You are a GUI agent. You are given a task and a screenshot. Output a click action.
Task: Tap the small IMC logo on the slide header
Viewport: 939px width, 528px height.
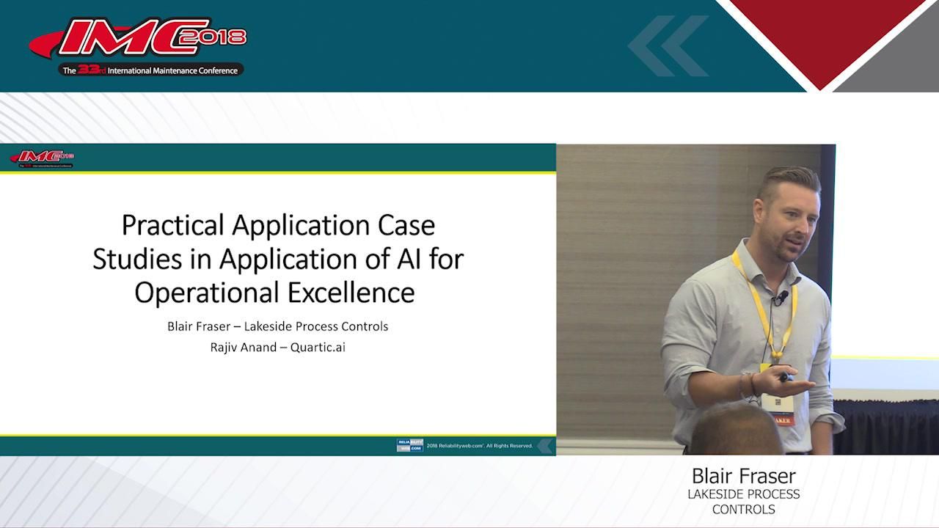point(42,158)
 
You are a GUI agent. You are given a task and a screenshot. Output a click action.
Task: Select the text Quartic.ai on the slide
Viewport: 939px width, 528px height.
point(318,347)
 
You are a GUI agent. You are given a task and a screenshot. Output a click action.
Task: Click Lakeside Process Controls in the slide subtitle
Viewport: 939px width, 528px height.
point(316,326)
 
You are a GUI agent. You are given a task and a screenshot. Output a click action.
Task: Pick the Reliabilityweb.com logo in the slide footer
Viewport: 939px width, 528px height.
point(409,445)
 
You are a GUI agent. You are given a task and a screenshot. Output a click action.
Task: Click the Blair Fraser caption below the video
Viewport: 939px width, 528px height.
point(743,476)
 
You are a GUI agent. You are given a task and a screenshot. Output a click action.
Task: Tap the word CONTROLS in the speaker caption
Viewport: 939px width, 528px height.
point(743,509)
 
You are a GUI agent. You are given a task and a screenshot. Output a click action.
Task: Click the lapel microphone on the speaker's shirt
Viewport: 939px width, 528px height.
point(782,297)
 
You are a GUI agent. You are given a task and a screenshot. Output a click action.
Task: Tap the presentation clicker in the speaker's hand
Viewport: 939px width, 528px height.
point(785,377)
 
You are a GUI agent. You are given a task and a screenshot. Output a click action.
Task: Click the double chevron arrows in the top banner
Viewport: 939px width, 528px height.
point(667,45)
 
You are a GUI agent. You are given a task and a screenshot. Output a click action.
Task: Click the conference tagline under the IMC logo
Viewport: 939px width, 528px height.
point(150,70)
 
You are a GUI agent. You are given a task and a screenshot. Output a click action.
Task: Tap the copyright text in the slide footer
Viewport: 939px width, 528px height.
point(479,445)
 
